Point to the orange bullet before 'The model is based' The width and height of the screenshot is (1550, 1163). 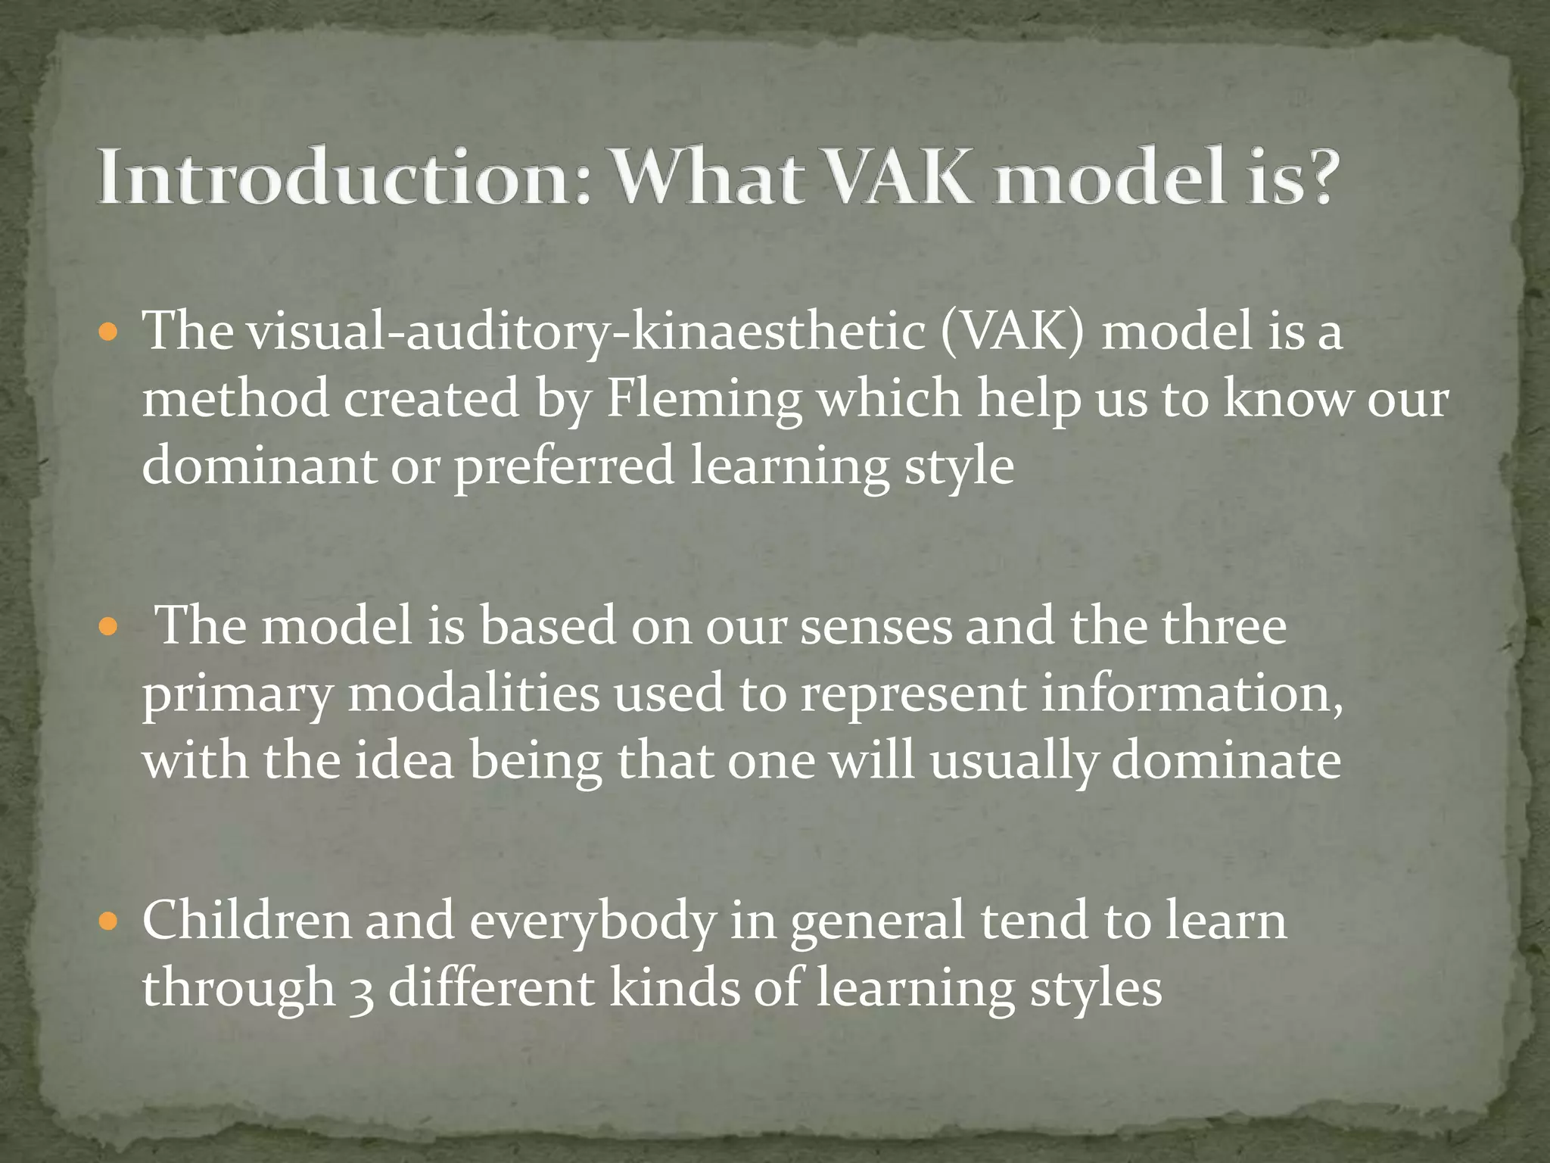click(x=109, y=627)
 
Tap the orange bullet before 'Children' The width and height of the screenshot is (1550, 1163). click(x=109, y=921)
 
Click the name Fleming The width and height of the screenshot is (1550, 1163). click(x=704, y=399)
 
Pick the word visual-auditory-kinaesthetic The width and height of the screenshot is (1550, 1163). click(x=587, y=333)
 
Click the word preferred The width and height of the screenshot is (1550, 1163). click(x=563, y=466)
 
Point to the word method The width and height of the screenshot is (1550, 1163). click(x=235, y=399)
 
